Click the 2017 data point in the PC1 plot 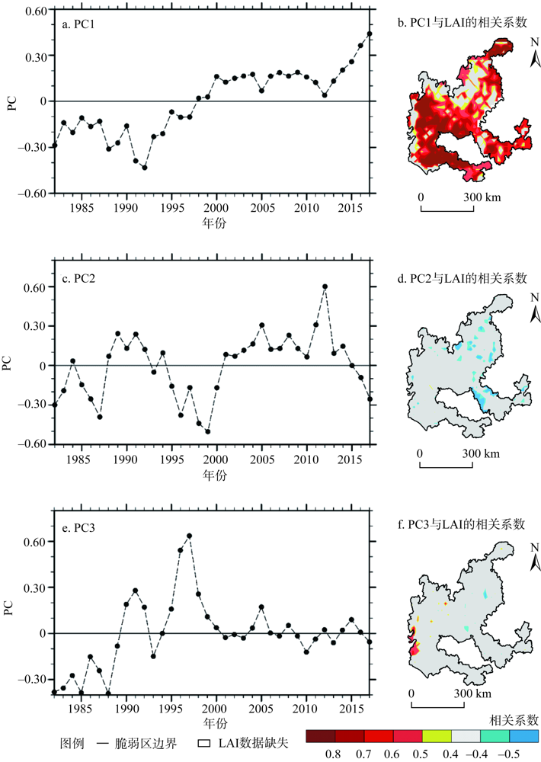[370, 34]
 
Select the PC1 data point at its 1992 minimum [145, 167]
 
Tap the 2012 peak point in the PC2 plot [325, 287]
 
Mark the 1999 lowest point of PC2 [207, 431]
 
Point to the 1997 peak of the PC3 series [189, 536]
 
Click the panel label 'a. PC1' [84, 24]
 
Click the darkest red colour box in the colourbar [321, 735]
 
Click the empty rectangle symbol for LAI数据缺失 [204, 741]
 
